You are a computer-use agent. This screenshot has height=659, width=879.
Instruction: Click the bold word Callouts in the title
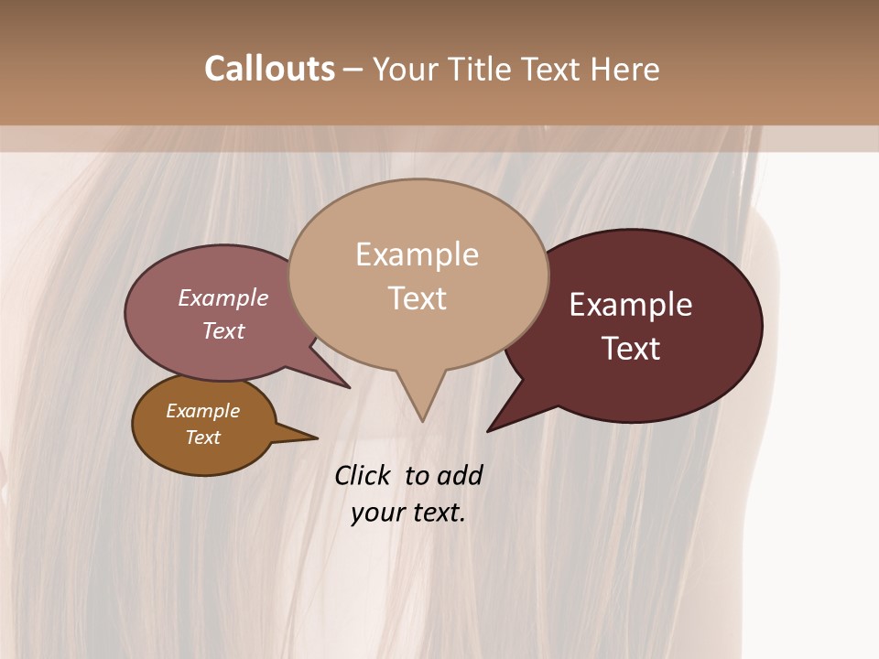[269, 69]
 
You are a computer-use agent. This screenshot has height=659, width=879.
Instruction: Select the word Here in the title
[625, 69]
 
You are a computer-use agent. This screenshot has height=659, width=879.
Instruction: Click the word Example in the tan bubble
[417, 254]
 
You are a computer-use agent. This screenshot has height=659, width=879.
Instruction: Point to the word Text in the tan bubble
[417, 298]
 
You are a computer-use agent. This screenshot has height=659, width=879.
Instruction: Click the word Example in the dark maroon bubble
[631, 305]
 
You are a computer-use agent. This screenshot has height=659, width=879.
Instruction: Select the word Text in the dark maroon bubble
[631, 349]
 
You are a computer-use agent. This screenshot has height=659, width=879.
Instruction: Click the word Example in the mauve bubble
[223, 297]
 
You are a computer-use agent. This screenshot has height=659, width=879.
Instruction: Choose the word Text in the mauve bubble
[223, 330]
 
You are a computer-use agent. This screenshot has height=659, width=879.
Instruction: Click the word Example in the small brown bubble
[202, 411]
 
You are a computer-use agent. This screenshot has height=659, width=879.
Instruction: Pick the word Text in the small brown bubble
[202, 438]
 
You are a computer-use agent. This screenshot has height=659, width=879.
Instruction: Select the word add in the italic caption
[459, 475]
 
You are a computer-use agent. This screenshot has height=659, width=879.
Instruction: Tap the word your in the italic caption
[375, 513]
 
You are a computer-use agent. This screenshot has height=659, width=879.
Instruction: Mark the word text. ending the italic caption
[438, 513]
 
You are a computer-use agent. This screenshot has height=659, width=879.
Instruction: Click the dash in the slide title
[354, 70]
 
